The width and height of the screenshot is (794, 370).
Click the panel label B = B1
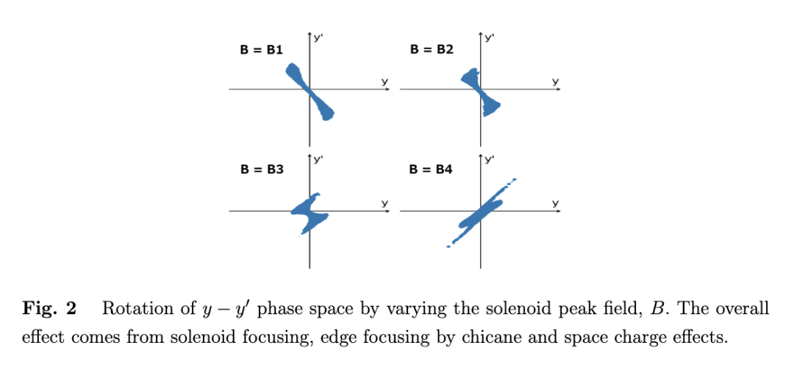(x=262, y=50)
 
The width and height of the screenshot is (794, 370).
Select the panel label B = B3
(x=262, y=169)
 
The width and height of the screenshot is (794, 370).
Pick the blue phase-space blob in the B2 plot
(x=480, y=91)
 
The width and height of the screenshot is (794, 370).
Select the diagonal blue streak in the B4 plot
(x=479, y=212)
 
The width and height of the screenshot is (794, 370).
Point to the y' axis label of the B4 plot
(x=488, y=157)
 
